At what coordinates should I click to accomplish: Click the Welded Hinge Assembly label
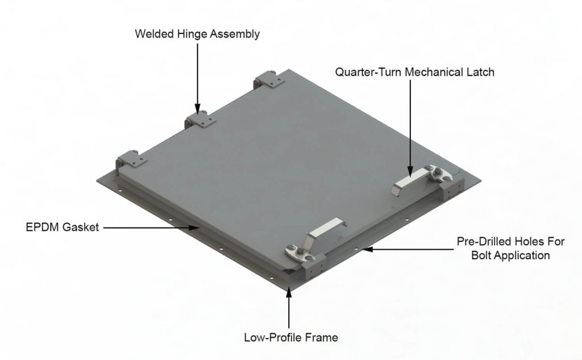pyautogui.click(x=197, y=34)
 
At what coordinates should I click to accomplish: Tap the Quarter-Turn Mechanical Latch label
pyautogui.click(x=414, y=72)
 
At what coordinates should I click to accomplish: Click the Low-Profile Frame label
pyautogui.click(x=290, y=338)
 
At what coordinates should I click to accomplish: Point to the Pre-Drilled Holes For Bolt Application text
pyautogui.click(x=510, y=249)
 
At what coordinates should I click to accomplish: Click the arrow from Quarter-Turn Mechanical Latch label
pyautogui.click(x=410, y=125)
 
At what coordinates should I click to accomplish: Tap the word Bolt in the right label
pyautogui.click(x=481, y=255)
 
